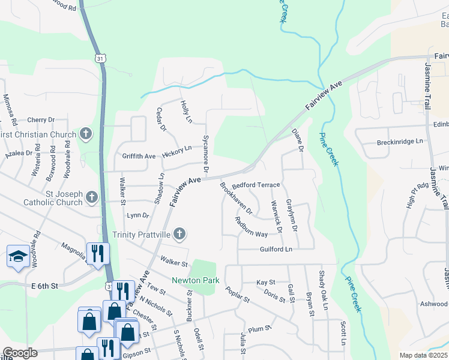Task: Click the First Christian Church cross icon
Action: (x=86, y=134)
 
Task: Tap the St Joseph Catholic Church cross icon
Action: (x=92, y=197)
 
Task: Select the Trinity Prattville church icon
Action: (x=178, y=233)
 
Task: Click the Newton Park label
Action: (x=195, y=280)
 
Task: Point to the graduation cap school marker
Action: (x=18, y=256)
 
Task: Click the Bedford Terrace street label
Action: (x=256, y=185)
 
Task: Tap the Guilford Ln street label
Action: (x=276, y=249)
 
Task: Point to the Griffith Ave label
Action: (x=139, y=156)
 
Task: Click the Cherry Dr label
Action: (x=41, y=120)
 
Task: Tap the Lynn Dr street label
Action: (x=137, y=215)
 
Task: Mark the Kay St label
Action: (x=265, y=282)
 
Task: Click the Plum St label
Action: (x=256, y=329)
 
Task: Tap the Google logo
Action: (x=20, y=353)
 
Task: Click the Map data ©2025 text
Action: (x=423, y=355)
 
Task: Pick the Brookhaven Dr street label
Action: (x=236, y=199)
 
